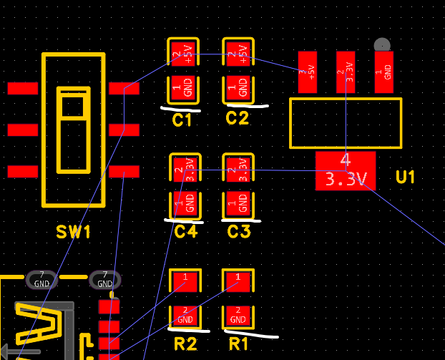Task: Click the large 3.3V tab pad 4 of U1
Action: pos(346,170)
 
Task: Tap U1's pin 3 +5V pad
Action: pos(308,72)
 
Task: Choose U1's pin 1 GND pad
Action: pos(384,72)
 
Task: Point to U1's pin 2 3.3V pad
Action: pos(346,72)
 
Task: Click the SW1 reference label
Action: pos(74,233)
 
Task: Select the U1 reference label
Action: pos(405,177)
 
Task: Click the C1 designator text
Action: pos(182,120)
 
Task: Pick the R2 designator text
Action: pos(185,344)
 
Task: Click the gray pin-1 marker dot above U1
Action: pos(383,44)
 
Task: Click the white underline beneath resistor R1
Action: pos(251,333)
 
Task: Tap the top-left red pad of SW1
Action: pos(22,88)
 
